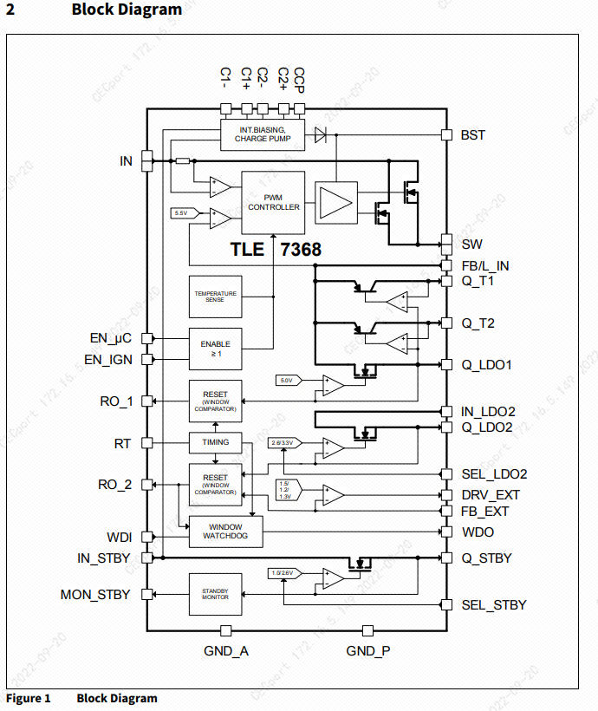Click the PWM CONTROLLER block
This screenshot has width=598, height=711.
coord(274,202)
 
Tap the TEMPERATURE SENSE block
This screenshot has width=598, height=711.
coord(215,297)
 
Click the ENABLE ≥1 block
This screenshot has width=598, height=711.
coord(215,349)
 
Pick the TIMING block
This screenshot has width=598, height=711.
coord(215,442)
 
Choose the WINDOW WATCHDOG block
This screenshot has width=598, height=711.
coord(224,532)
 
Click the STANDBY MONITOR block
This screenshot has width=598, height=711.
coord(215,594)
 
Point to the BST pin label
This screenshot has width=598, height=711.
coord(472,135)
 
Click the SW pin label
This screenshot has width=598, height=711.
coord(471,245)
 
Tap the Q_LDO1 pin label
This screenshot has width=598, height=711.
coord(485,365)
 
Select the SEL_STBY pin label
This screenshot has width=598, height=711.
coord(493,605)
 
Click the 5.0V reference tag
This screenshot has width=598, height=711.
coord(287,380)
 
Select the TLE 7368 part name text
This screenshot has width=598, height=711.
coord(275,250)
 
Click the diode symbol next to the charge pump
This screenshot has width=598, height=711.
coord(320,134)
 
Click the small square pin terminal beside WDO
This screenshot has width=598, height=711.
coord(447,532)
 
